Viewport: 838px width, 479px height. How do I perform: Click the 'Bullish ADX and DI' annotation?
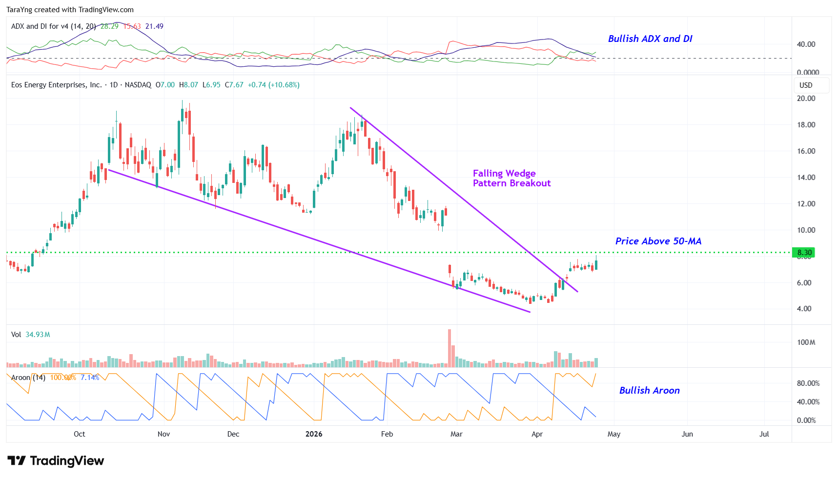(650, 39)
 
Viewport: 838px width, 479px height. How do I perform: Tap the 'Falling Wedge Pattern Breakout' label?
(511, 178)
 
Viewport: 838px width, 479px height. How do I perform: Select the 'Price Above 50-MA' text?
(658, 241)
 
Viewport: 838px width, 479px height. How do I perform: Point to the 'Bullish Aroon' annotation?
(649, 391)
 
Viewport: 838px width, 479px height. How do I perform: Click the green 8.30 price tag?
(804, 253)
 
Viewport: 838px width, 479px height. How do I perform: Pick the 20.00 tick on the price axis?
(806, 99)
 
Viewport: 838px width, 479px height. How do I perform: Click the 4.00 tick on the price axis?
(804, 309)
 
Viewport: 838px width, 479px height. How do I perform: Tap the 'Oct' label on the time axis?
(79, 434)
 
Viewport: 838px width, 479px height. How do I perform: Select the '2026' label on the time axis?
(314, 434)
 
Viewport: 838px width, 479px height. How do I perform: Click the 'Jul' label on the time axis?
(764, 434)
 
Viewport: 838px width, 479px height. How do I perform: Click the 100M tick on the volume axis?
(806, 342)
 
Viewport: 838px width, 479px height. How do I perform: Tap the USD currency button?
(806, 85)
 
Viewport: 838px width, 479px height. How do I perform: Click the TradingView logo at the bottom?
(56, 461)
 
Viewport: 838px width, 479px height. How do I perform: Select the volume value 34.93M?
(38, 335)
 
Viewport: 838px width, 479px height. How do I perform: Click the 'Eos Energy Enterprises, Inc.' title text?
(56, 85)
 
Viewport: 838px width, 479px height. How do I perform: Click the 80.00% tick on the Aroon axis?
(808, 383)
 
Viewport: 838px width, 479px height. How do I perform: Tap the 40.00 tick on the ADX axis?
(806, 44)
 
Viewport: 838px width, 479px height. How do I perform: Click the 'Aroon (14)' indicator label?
(28, 378)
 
